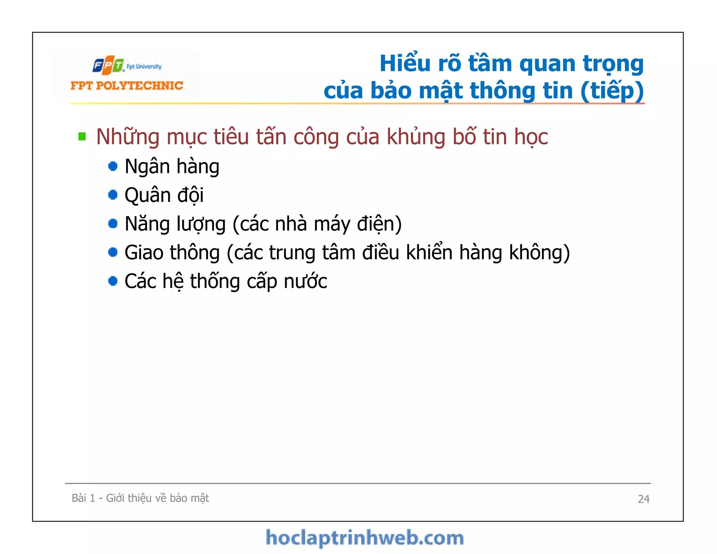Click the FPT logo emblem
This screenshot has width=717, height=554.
[108, 65]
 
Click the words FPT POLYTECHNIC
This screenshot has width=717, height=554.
[127, 86]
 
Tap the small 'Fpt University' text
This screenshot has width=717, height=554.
[144, 67]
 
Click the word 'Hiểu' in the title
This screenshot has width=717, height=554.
[405, 64]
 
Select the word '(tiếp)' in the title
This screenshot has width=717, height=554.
[612, 91]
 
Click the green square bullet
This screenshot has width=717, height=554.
[82, 136]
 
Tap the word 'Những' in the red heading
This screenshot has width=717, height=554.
[128, 137]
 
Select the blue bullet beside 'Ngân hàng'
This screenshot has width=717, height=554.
[113, 166]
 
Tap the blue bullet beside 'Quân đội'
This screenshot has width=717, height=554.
[113, 195]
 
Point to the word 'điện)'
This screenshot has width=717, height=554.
[379, 224]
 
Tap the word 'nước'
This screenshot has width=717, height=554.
[305, 282]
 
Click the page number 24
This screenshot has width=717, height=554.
[643, 499]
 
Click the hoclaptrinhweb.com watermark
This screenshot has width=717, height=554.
[364, 538]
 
